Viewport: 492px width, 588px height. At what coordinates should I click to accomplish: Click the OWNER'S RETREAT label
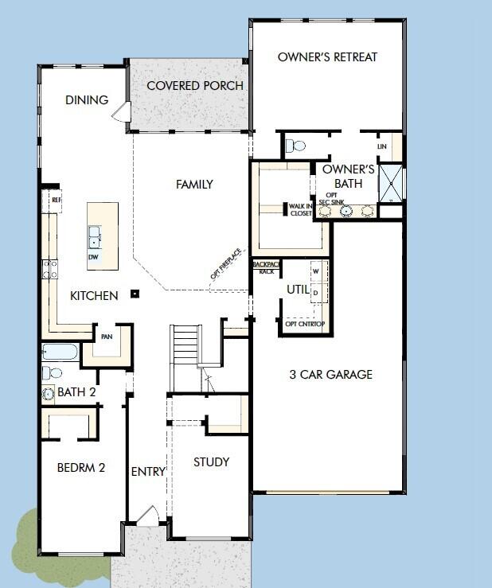click(x=327, y=57)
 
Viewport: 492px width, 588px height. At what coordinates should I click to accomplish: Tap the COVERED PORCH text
click(x=195, y=86)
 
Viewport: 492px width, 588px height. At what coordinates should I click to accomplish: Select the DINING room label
click(x=87, y=100)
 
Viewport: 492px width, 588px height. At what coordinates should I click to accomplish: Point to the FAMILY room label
click(x=194, y=185)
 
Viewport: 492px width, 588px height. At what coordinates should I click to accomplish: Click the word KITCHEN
click(x=94, y=296)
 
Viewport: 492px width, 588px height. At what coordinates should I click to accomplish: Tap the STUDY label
click(x=211, y=461)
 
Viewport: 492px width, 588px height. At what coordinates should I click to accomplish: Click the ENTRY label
click(x=148, y=472)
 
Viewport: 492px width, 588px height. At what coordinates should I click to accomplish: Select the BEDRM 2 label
click(x=81, y=468)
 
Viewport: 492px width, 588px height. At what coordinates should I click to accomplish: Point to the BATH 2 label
click(x=76, y=392)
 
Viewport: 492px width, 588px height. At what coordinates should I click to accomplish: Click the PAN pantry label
click(x=106, y=337)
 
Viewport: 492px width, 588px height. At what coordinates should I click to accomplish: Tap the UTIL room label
click(x=297, y=290)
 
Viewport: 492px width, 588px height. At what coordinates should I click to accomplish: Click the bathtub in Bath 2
click(x=60, y=352)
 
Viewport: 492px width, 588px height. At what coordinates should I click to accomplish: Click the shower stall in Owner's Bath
click(x=390, y=182)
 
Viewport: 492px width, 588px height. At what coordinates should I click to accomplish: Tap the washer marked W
click(x=316, y=271)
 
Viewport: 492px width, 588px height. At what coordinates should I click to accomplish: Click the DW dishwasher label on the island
click(x=94, y=257)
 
